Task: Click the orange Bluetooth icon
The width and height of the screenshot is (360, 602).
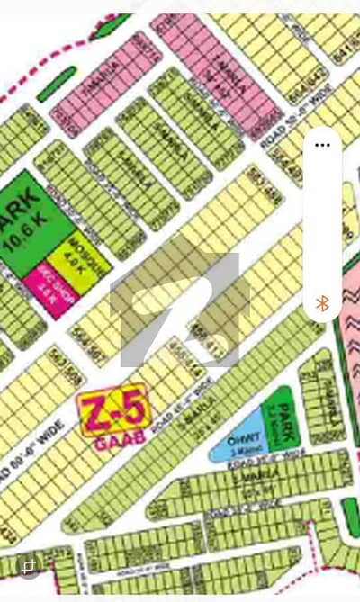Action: pos(321,303)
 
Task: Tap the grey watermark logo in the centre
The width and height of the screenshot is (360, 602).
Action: pos(175,310)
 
